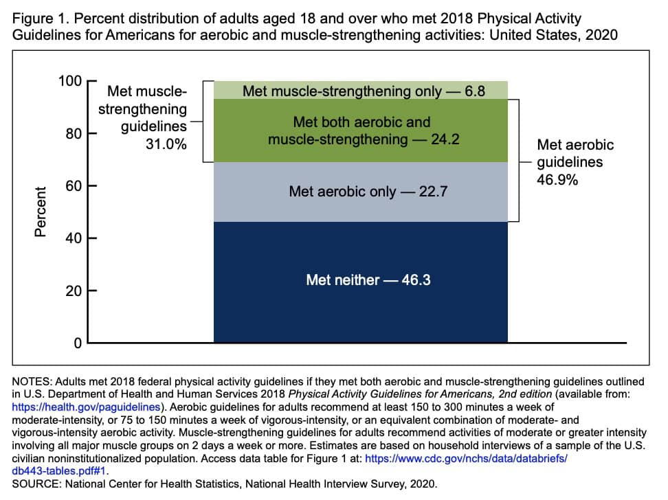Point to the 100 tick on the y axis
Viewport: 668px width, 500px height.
coord(70,81)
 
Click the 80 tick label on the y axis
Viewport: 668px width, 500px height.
coord(72,133)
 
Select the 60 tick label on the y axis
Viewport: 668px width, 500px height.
coord(72,185)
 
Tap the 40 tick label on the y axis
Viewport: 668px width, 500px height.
coord(72,238)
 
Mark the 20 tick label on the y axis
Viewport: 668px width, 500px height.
coord(72,291)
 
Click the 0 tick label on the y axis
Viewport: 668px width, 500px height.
coord(78,343)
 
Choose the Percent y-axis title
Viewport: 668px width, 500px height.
coord(41,212)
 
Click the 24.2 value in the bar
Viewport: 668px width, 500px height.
coord(445,140)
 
